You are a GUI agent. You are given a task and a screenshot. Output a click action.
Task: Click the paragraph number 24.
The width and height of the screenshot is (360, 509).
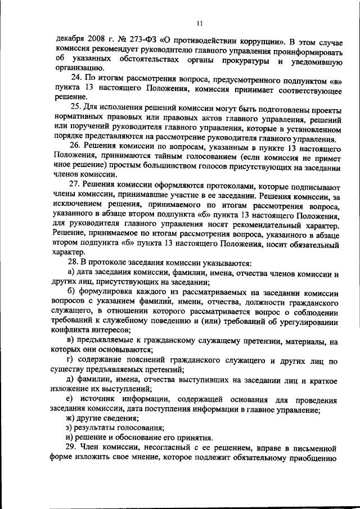pyautogui.click(x=75, y=76)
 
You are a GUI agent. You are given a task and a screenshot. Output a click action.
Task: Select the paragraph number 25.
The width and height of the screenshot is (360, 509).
pyautogui.click(x=75, y=106)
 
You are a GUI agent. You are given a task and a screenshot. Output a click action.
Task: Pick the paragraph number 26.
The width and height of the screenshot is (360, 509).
pyautogui.click(x=75, y=146)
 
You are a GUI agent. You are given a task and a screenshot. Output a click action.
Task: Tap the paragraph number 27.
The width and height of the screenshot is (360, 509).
pyautogui.click(x=75, y=186)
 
